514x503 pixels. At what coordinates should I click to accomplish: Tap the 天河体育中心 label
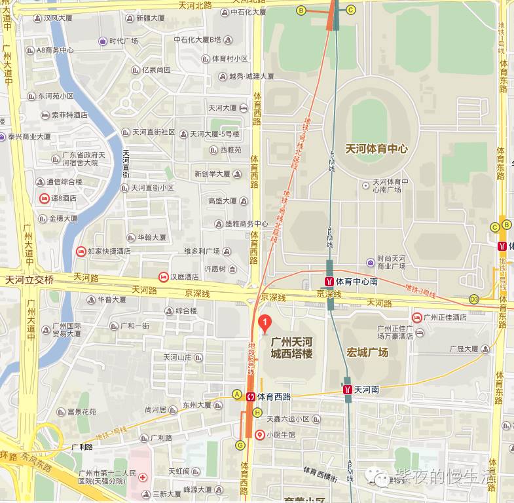pos(376,149)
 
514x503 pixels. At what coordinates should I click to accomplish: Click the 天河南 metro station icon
pos(348,390)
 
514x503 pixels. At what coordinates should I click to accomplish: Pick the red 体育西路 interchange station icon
pos(250,396)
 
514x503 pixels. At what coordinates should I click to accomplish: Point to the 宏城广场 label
pos(368,352)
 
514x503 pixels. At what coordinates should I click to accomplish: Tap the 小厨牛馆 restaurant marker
pos(260,434)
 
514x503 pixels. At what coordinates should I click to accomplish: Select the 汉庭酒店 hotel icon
pos(163,276)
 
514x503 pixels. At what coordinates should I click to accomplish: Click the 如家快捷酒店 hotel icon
pos(81,251)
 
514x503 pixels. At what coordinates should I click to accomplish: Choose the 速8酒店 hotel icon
pos(44,198)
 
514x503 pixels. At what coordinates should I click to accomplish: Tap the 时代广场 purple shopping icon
pos(103,41)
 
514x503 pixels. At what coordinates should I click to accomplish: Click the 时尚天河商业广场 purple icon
pos(371,262)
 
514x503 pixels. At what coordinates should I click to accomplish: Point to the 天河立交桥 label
pos(29,280)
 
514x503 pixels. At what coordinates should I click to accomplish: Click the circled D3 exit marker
pos(474,299)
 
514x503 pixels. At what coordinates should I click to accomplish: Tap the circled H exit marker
pos(257,413)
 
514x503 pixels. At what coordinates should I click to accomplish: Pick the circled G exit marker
pos(240,445)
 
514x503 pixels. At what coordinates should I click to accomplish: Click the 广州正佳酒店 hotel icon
pos(416,317)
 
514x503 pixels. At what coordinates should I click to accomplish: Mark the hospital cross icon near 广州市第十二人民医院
pos(143,479)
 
